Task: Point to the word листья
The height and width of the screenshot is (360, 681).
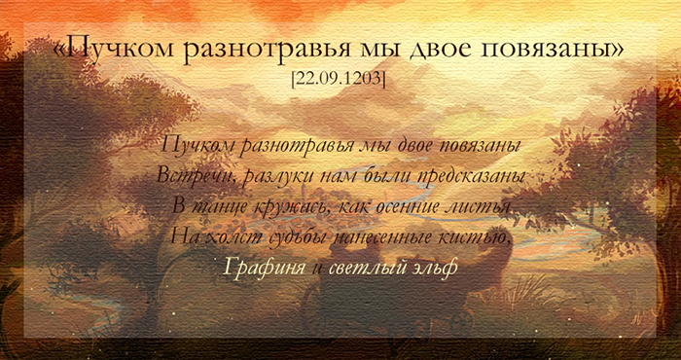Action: [479, 205]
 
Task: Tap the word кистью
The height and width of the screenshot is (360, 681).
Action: [474, 235]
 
